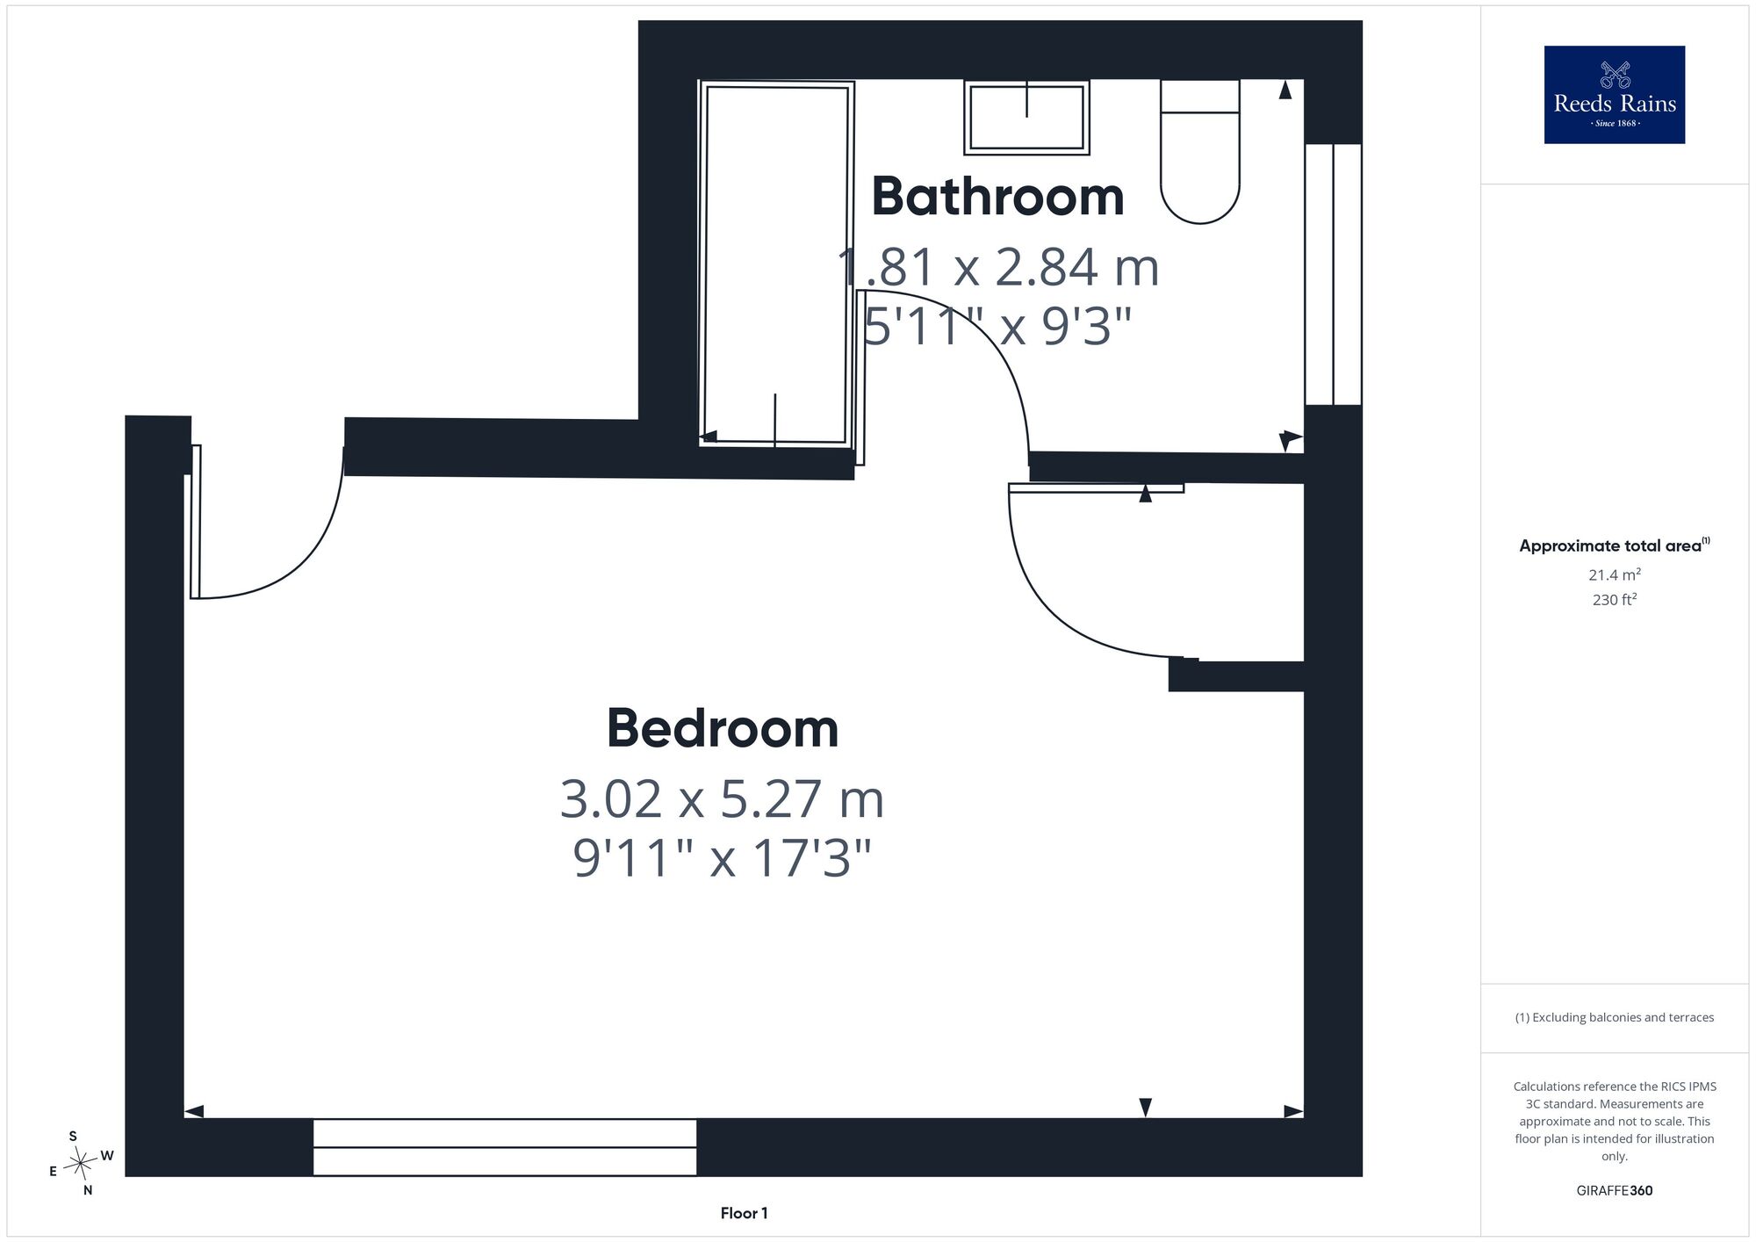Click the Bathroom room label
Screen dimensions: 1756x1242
997,197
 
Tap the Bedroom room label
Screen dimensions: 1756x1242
723,729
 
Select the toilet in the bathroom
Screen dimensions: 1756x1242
1200,151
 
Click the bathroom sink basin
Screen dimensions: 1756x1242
1027,117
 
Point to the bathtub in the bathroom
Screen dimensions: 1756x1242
776,264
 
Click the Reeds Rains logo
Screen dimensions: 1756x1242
1615,95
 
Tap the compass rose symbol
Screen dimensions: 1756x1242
81,1163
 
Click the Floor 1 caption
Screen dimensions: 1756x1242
744,1213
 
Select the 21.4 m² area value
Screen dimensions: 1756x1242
1615,574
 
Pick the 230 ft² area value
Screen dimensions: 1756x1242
1615,600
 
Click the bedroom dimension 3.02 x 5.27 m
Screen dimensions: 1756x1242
722,799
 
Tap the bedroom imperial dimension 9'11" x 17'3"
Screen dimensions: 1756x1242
722,857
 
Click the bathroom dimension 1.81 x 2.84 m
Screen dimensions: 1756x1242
998,267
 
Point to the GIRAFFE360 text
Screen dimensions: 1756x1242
1615,1191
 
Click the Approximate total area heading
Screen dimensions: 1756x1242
1615,545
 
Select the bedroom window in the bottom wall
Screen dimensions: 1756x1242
505,1147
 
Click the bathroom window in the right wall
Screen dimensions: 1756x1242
1333,274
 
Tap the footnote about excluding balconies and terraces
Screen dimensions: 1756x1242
1615,1017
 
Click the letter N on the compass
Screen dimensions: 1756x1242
88,1191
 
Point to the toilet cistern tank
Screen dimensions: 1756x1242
1200,96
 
